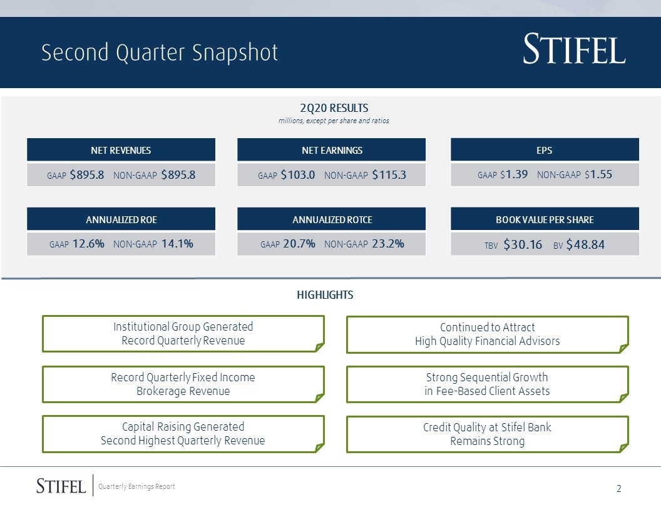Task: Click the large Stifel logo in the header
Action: click(574, 49)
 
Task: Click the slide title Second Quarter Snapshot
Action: click(160, 52)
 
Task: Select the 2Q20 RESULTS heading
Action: click(334, 108)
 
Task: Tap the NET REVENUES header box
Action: click(121, 150)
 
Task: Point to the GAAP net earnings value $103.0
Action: click(297, 174)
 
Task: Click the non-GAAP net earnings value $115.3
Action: click(389, 174)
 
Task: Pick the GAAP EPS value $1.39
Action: click(514, 174)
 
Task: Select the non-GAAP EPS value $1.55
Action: click(598, 174)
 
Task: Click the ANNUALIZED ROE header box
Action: click(121, 219)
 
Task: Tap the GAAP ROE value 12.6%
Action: click(88, 244)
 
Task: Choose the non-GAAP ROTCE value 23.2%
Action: click(388, 244)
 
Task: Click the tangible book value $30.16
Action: click(523, 244)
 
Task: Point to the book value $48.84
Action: click(585, 244)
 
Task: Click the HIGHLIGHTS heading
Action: click(325, 295)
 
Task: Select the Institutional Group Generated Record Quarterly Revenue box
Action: click(183, 334)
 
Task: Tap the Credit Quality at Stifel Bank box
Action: click(488, 434)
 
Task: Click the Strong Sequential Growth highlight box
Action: click(488, 384)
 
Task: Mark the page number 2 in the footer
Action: click(619, 489)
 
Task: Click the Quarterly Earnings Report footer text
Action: click(136, 486)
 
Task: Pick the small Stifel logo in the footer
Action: click(61, 486)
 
